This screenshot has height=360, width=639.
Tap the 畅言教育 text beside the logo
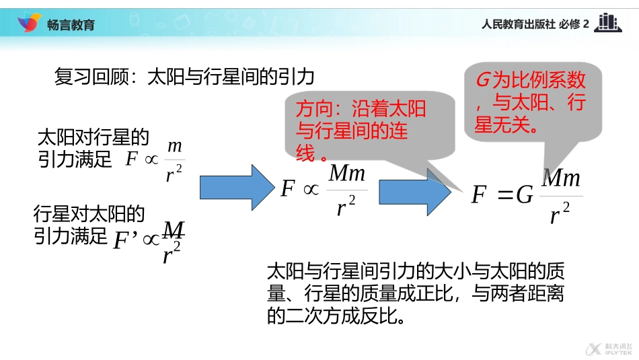pos(71,25)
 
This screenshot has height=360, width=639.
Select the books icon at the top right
pos(608,23)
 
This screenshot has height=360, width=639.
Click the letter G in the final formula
pos(525,196)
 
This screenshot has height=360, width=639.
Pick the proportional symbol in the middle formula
pos(311,190)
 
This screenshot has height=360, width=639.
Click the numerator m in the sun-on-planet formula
pos(174,146)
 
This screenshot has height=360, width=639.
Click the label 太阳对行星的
pos(92,138)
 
